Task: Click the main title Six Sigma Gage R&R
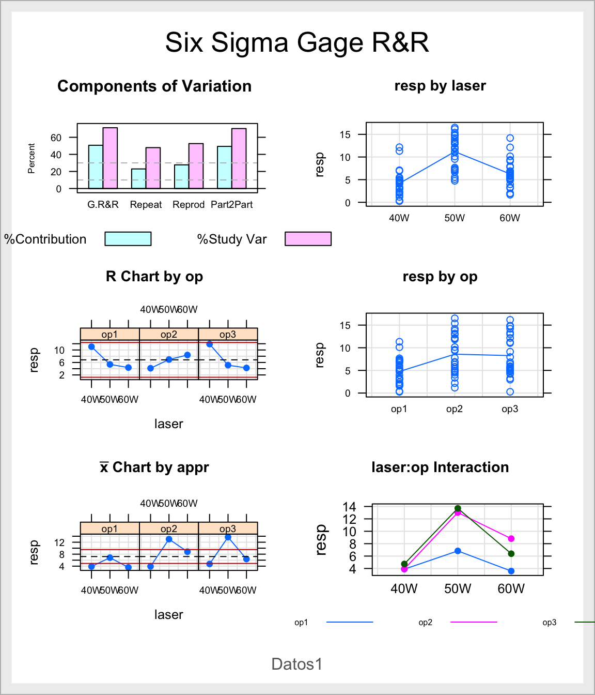[297, 42]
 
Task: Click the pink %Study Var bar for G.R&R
[110, 158]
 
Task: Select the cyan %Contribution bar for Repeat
[138, 178]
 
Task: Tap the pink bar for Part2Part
[239, 158]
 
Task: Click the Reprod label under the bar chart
[189, 205]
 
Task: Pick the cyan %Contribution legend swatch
[128, 238]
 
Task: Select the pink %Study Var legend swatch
[308, 238]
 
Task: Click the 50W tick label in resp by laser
[455, 218]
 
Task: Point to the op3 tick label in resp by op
[510, 409]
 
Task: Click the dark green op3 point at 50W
[458, 509]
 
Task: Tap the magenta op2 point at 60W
[511, 539]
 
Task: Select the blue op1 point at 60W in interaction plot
[511, 571]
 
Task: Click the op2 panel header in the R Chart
[169, 335]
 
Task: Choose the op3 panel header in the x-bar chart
[228, 528]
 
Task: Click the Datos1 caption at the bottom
[297, 664]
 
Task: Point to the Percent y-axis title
[32, 158]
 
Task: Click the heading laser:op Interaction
[440, 467]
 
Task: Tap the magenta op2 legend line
[474, 622]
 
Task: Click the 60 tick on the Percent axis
[56, 138]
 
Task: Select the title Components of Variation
[154, 86]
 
